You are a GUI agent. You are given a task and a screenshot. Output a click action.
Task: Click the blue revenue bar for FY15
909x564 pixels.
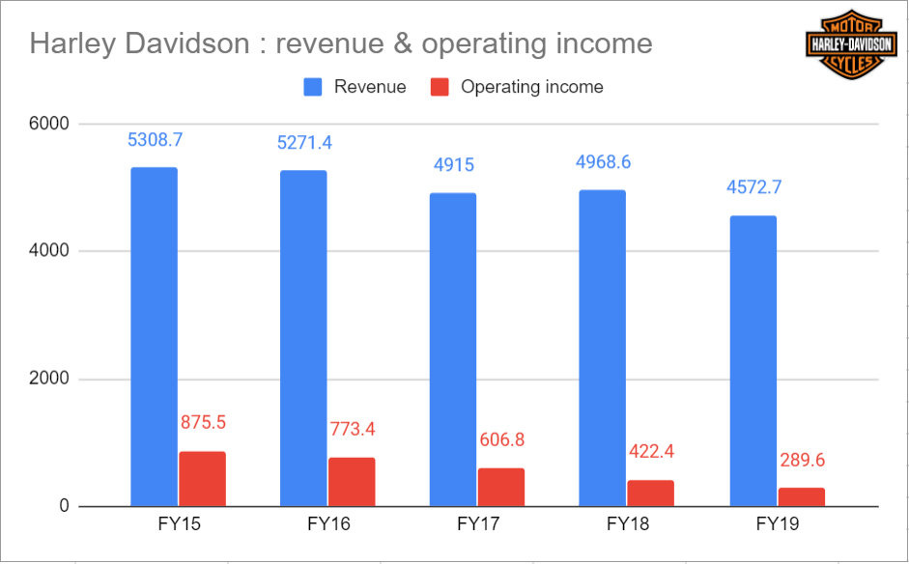[x=154, y=337]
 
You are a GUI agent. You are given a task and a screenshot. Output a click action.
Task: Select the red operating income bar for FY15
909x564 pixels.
[x=202, y=479]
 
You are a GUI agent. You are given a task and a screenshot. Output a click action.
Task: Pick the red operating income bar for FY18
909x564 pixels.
[x=650, y=493]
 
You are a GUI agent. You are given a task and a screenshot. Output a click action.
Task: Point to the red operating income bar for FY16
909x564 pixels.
[x=352, y=482]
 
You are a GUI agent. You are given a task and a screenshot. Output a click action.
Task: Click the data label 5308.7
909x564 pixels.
[x=155, y=140]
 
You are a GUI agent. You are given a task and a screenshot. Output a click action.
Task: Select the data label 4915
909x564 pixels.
[x=454, y=165]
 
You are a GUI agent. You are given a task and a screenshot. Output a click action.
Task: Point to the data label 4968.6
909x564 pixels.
[x=603, y=161]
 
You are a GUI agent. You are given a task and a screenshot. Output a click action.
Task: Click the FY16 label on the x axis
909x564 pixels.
[x=327, y=525]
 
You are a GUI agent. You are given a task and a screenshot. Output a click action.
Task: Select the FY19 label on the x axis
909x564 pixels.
[x=777, y=525]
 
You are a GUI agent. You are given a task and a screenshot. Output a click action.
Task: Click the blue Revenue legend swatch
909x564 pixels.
[x=311, y=87]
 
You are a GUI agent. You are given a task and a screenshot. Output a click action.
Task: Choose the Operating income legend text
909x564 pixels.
[x=531, y=87]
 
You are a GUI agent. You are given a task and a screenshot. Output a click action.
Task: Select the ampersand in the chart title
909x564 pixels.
[x=401, y=43]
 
